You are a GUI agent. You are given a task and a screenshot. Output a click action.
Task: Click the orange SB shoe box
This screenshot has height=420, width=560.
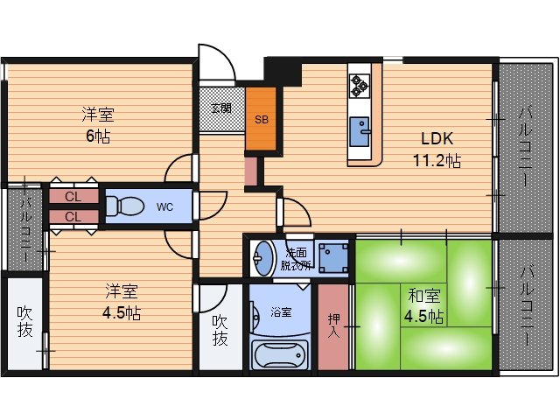[x=261, y=119]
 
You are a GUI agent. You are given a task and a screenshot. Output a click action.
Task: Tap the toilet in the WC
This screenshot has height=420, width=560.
[x=124, y=206]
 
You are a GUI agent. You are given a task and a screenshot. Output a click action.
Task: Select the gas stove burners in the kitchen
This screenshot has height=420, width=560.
[x=360, y=86]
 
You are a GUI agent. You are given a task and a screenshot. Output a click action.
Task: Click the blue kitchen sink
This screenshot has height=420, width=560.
[x=360, y=131]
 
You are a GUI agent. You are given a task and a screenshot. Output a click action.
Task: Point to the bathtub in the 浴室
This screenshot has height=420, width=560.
[x=280, y=354]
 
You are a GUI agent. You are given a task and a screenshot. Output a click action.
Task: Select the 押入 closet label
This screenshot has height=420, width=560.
[x=334, y=325]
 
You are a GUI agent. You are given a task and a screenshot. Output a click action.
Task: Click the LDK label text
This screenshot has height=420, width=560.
[x=437, y=138]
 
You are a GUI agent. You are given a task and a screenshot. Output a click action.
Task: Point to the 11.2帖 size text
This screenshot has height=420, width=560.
[x=437, y=160]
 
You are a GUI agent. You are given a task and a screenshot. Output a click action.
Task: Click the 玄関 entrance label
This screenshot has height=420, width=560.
[x=221, y=108]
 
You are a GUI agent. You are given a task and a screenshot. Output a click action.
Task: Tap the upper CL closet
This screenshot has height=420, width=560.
[x=73, y=196]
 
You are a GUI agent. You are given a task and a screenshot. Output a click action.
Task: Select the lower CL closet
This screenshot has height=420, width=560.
[x=73, y=217]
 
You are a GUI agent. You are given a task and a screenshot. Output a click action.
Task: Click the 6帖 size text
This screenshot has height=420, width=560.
[x=98, y=136]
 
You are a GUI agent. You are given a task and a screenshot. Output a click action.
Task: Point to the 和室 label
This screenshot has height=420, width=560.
[x=424, y=296]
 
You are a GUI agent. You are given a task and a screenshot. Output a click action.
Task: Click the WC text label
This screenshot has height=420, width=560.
[x=164, y=206]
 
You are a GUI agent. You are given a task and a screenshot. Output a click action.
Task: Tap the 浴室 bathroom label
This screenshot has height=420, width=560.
[x=281, y=312]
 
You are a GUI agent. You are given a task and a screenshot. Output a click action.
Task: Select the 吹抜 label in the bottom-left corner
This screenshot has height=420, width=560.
[x=25, y=321]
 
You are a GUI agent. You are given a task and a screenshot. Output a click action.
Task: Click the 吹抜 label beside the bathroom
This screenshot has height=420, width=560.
[x=220, y=330]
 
